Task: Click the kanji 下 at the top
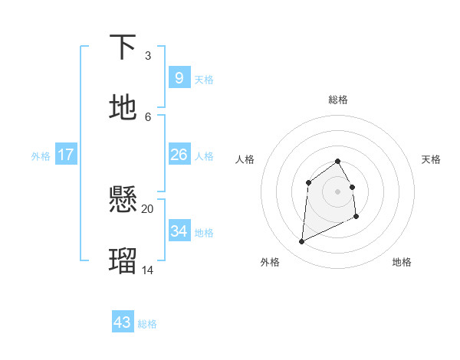pyautogui.click(x=123, y=47)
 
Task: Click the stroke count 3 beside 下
pyautogui.click(x=148, y=56)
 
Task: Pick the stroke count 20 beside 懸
pyautogui.click(x=148, y=208)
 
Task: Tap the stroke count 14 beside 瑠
pyautogui.click(x=148, y=270)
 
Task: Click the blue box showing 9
pyautogui.click(x=179, y=78)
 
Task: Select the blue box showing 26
pyautogui.click(x=179, y=155)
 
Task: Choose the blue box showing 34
pyautogui.click(x=179, y=231)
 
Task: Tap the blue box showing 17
pyautogui.click(x=66, y=155)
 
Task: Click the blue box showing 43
pyautogui.click(x=123, y=322)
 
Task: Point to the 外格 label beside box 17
pyautogui.click(x=41, y=156)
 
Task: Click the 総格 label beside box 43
pyautogui.click(x=147, y=324)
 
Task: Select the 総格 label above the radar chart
pyautogui.click(x=338, y=100)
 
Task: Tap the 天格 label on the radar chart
pyautogui.click(x=432, y=159)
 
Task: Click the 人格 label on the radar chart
pyautogui.click(x=245, y=159)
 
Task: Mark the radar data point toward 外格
pyautogui.click(x=301, y=242)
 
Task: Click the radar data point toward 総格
pyautogui.click(x=338, y=161)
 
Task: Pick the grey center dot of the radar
pyautogui.click(x=338, y=191)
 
